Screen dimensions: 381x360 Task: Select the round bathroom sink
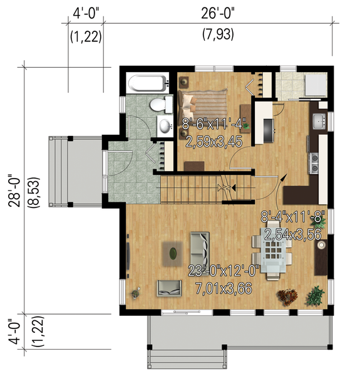pyautogui.click(x=165, y=126)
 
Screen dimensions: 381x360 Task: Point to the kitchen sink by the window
pyautogui.click(x=319, y=121)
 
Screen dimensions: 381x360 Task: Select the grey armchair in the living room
pyautogui.click(x=169, y=287)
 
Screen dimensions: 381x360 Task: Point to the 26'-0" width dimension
pyautogui.click(x=217, y=12)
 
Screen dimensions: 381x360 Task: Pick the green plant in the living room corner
pyautogui.click(x=317, y=293)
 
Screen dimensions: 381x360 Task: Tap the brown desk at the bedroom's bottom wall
pyautogui.click(x=194, y=166)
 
